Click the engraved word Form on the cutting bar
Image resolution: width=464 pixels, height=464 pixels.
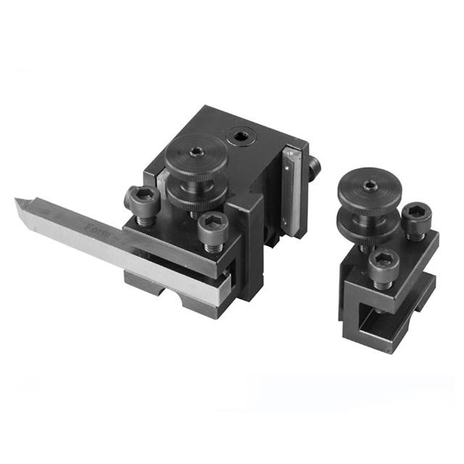(98, 230)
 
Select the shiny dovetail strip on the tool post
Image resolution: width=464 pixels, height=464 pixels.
(291, 191)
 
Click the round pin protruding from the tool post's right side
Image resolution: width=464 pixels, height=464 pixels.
(314, 169)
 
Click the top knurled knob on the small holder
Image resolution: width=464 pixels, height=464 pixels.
(370, 189)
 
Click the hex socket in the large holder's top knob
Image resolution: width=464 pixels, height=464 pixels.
(196, 152)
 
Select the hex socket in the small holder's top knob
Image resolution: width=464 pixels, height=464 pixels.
(370, 185)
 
